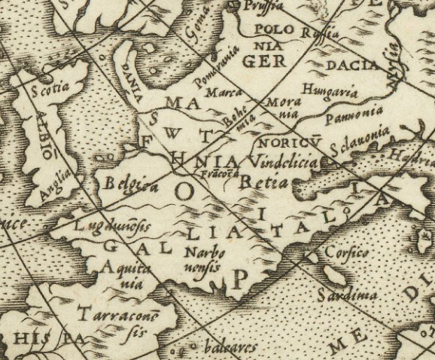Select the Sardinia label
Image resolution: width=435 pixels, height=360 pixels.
coord(346,293)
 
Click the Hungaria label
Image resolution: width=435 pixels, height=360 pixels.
coord(327,91)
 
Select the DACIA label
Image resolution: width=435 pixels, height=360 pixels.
coord(351,66)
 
